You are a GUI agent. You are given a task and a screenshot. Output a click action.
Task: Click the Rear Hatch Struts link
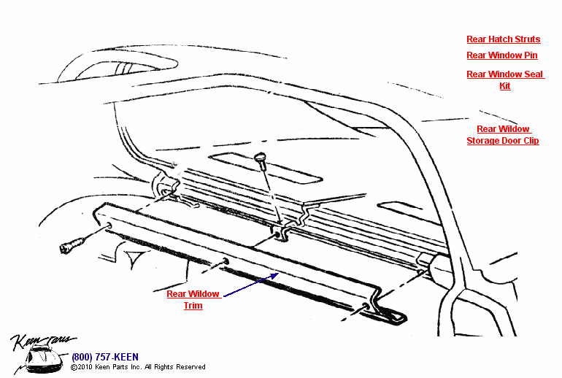[503, 39]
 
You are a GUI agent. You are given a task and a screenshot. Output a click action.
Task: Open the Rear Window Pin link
[501, 55]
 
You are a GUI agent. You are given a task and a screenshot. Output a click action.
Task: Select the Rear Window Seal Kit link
[504, 74]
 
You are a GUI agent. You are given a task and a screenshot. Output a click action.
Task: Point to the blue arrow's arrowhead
[275, 274]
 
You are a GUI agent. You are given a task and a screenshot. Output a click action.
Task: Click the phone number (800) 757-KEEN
[104, 357]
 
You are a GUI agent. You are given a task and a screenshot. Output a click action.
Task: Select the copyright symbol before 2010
[74, 367]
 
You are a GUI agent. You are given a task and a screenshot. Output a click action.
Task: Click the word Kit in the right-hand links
[504, 86]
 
